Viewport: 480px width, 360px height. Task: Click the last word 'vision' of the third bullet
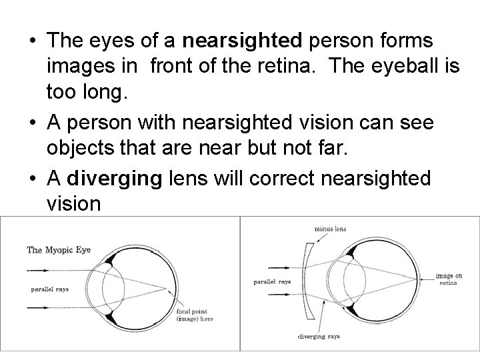coord(74,203)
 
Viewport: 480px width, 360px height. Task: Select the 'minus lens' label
coord(332,230)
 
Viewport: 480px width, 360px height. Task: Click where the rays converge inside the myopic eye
coord(166,289)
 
